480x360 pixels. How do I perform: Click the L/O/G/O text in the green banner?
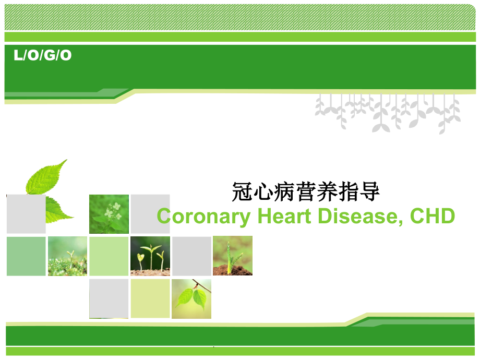coord(43,56)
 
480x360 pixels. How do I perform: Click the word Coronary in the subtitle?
coord(203,216)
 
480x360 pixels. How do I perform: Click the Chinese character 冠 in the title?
coord(241,193)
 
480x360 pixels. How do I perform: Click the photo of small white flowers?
coord(109,214)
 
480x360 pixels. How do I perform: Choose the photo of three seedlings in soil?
coord(150,256)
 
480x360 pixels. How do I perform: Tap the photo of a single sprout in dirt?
coord(232,256)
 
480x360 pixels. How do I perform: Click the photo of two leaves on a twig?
coord(191,298)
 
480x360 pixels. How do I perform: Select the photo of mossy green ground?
coord(67,256)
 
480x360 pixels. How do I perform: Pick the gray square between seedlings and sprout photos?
coord(191,256)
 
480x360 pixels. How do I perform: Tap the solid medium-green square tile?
coord(26,256)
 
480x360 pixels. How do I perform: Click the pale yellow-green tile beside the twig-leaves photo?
coord(150,298)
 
